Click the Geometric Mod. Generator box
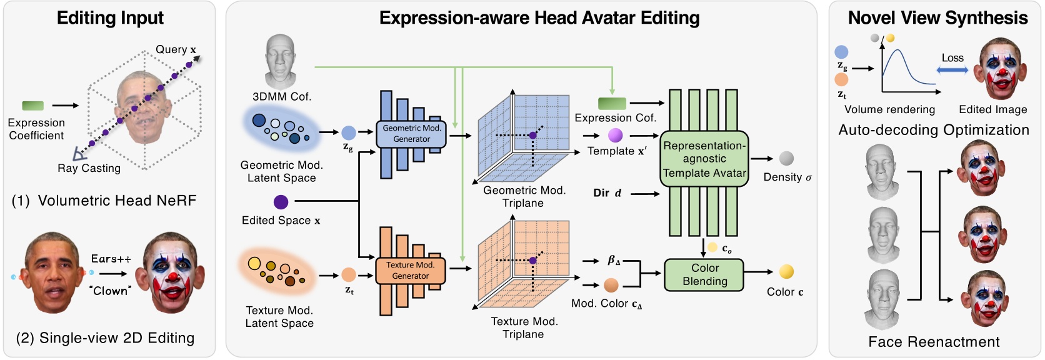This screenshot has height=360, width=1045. click(x=411, y=134)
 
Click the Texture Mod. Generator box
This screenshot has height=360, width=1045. click(x=410, y=271)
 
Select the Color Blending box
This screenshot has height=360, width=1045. click(x=704, y=275)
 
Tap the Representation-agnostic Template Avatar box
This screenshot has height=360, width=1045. click(x=704, y=159)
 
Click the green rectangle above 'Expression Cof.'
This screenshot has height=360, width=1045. click(x=612, y=103)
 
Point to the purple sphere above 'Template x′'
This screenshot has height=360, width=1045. click(x=615, y=135)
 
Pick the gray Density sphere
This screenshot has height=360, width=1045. click(x=786, y=159)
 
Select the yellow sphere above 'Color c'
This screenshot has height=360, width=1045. click(x=786, y=271)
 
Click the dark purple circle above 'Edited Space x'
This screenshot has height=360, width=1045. click(x=281, y=202)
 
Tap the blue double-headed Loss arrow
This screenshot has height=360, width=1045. click(x=952, y=70)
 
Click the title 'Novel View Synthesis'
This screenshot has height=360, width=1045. click(x=937, y=18)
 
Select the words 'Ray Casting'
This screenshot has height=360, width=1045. click(x=89, y=168)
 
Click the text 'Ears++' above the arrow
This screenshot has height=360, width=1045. click(x=111, y=259)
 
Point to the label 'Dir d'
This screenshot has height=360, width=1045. click(x=607, y=193)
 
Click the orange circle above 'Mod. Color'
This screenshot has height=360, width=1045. click(x=611, y=286)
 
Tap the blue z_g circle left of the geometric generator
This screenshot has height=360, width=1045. click(x=349, y=132)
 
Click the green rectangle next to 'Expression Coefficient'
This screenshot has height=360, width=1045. click(x=33, y=106)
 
